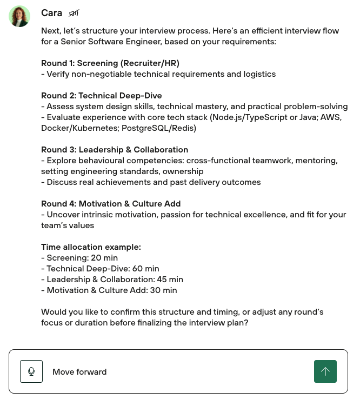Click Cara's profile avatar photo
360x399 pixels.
point(19,16)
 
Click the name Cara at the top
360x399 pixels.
point(51,13)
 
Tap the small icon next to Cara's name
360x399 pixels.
point(74,13)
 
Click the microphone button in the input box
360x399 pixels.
point(31,371)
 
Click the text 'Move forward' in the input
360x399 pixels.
point(79,372)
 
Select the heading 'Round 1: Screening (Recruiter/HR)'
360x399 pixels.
point(110,63)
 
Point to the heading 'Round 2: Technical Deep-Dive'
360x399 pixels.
point(102,96)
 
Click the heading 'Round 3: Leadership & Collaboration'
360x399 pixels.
point(115,150)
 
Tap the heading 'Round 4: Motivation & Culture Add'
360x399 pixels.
point(111,204)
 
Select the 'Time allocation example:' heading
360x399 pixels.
point(91,247)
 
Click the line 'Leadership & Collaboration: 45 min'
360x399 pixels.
point(115,280)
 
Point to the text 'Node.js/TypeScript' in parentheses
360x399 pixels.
point(249,117)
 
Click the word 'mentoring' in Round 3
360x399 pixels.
point(318,161)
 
